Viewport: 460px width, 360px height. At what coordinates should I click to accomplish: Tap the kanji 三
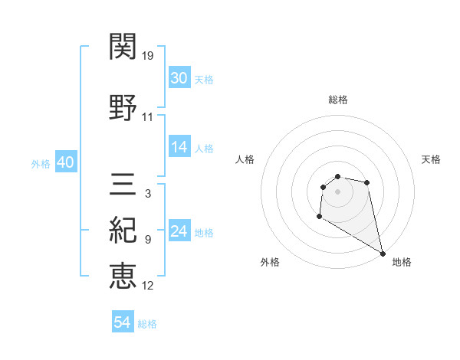click(x=123, y=185)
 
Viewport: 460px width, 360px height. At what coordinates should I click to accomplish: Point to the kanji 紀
click(x=123, y=229)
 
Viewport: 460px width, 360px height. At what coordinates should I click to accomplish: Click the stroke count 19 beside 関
click(x=148, y=56)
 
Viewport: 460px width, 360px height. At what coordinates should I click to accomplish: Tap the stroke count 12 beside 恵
click(x=148, y=286)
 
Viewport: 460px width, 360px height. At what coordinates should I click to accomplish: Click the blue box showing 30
click(x=179, y=78)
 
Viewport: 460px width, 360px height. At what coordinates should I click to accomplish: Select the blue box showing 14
click(x=179, y=147)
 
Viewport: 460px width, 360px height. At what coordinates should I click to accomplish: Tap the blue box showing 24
click(x=179, y=231)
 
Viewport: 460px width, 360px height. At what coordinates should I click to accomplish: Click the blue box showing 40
click(x=64, y=162)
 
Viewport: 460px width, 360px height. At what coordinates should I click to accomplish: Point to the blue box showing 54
click(x=122, y=322)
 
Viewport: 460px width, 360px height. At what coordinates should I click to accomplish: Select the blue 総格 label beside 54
click(x=147, y=324)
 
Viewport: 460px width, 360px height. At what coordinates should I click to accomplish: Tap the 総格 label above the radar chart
click(x=337, y=100)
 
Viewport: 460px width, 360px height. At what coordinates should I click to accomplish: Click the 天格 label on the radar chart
click(x=432, y=159)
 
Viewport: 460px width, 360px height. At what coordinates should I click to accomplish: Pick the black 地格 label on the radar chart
click(x=402, y=262)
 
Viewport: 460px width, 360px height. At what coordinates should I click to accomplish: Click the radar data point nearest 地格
click(x=383, y=254)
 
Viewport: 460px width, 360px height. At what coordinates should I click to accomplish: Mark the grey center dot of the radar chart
click(x=337, y=191)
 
